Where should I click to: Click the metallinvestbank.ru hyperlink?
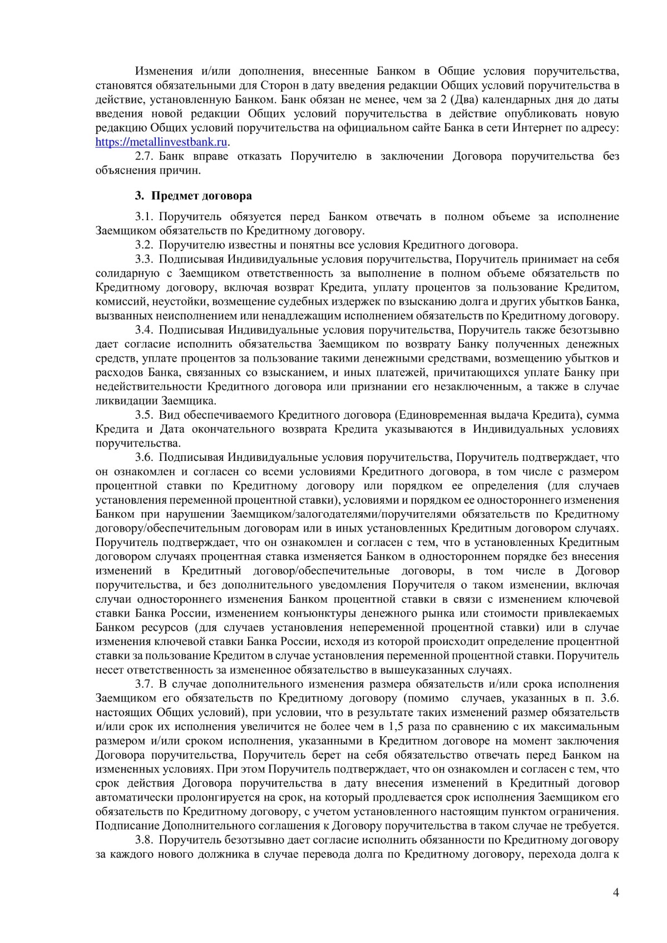[162, 142]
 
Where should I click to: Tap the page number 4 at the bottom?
[615, 893]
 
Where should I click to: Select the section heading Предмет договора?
[201, 196]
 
